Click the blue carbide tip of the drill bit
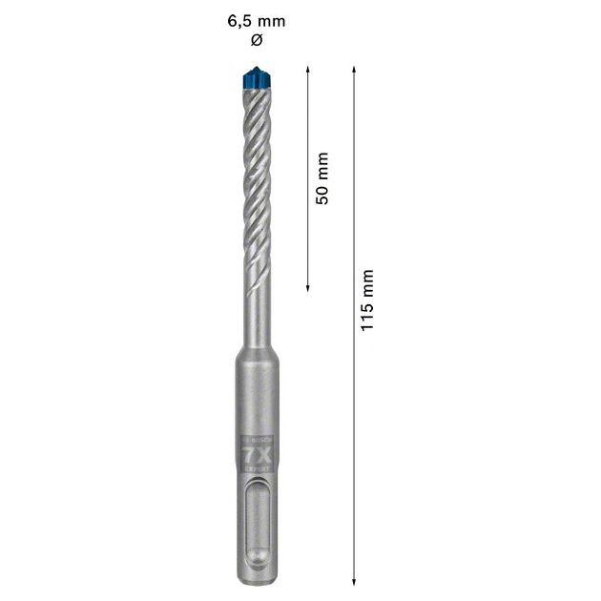point(255,77)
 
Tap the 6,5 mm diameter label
point(256,20)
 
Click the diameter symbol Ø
point(255,40)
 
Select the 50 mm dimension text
point(322,177)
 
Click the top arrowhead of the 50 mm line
point(307,70)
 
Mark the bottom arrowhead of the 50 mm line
point(307,287)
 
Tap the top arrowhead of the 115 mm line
point(355,70)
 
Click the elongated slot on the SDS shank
point(255,520)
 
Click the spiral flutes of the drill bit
point(255,172)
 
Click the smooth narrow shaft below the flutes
point(255,305)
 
